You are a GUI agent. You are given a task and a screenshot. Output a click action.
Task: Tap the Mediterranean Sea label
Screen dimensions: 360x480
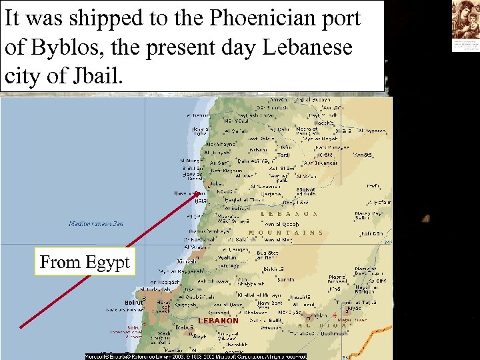96,224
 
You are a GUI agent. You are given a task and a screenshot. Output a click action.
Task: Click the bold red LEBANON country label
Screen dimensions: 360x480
218,321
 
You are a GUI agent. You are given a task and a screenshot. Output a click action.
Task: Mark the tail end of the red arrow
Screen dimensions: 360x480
21,327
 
